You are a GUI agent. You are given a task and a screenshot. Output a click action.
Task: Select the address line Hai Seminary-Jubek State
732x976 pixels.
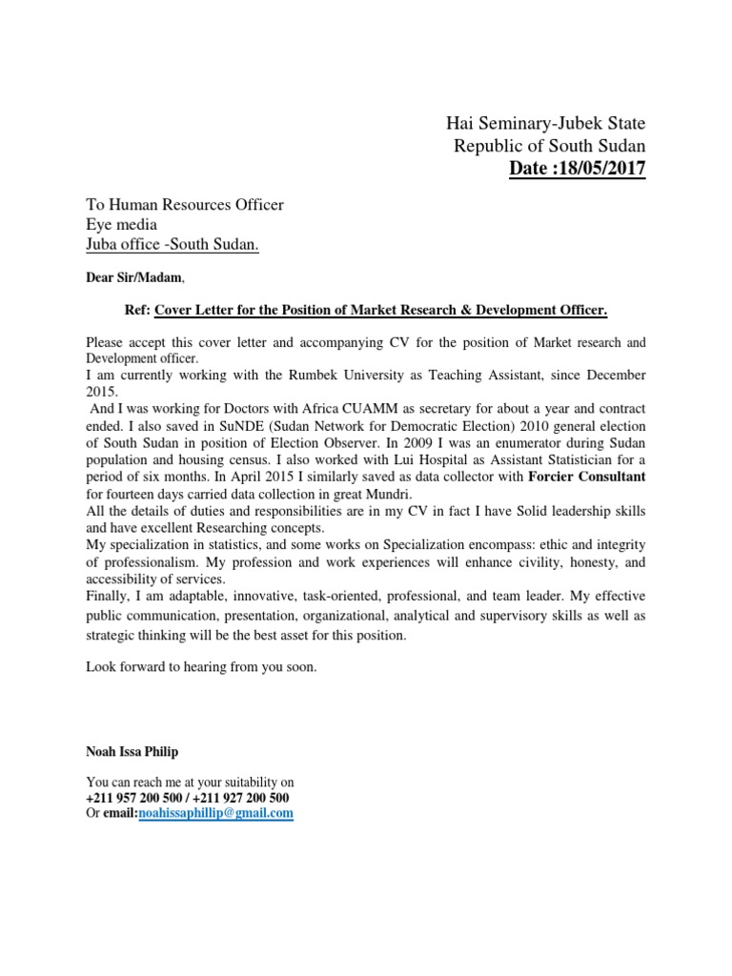pos(545,123)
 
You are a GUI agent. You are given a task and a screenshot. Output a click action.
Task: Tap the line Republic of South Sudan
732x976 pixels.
pos(549,147)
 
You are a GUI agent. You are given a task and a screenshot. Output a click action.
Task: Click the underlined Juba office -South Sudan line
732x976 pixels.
pos(173,247)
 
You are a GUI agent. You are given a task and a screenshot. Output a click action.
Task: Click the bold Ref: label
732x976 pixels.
pos(138,311)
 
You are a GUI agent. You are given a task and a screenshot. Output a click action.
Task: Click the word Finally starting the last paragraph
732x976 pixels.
pos(108,598)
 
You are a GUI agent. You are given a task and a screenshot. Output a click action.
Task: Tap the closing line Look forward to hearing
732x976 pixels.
pos(200,668)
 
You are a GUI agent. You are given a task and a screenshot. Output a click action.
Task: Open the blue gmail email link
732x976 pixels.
pos(215,814)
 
